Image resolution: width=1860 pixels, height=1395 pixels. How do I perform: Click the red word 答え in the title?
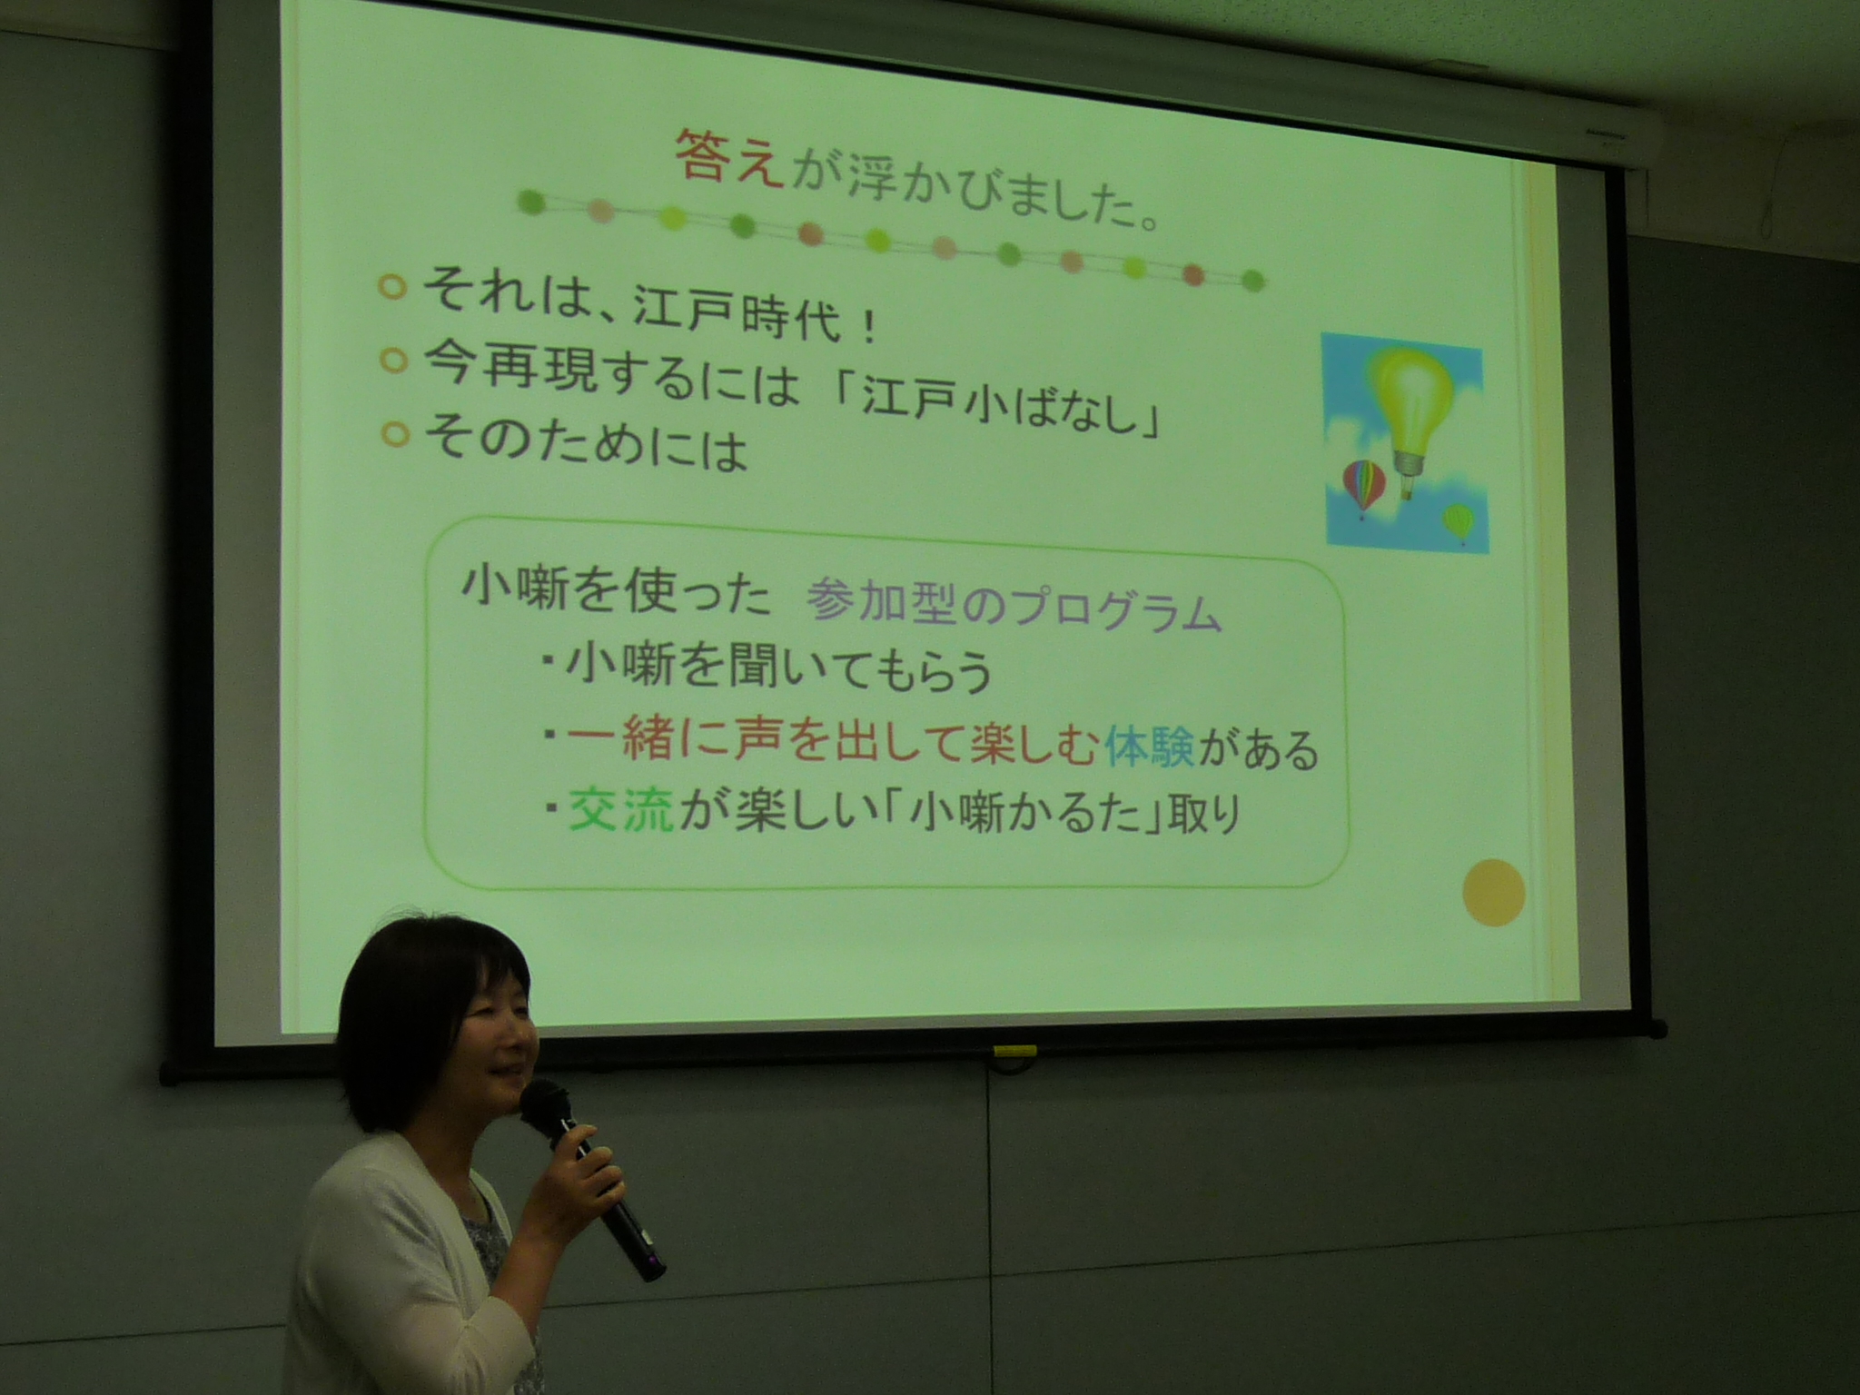pyautogui.click(x=728, y=157)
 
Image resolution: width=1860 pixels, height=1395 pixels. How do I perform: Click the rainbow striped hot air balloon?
pyautogui.click(x=1364, y=488)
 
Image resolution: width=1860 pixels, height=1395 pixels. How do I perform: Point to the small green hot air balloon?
pyautogui.click(x=1458, y=523)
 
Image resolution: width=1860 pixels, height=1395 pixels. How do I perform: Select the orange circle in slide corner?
pyautogui.click(x=1493, y=892)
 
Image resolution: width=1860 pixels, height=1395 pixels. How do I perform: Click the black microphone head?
pyautogui.click(x=544, y=1109)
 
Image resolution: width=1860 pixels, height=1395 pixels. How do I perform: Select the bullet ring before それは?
pyautogui.click(x=391, y=287)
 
